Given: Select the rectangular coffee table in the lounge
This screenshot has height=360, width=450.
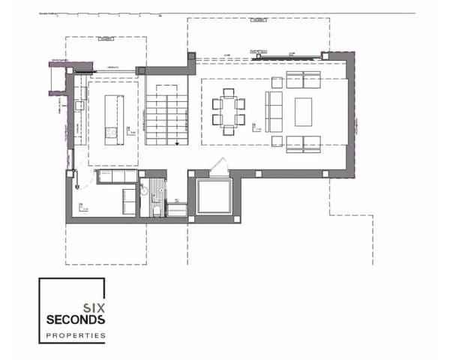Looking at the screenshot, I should pos(304,112).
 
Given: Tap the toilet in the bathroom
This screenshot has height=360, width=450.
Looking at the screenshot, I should pos(156,210).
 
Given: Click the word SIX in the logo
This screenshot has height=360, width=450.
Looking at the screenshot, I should pos(94,307).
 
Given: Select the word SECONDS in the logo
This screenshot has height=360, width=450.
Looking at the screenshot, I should pos(75,319).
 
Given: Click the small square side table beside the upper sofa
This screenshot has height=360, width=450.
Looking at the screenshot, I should pos(277,80).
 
